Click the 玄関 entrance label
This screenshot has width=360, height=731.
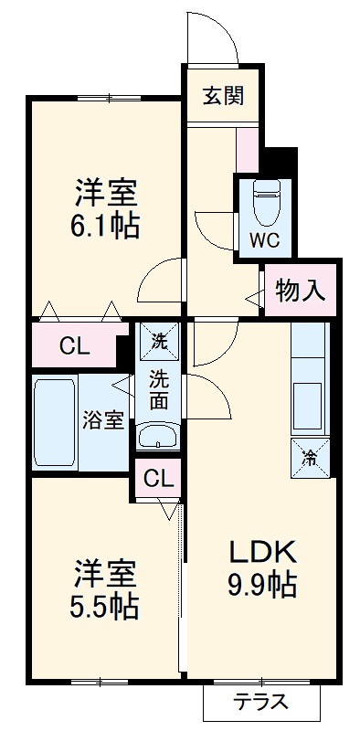[x=223, y=95]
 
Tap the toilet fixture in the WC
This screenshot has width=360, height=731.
[x=267, y=203]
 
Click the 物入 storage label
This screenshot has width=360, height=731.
[x=301, y=291]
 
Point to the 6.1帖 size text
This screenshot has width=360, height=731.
[x=105, y=226]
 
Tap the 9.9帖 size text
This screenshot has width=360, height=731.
[x=261, y=585]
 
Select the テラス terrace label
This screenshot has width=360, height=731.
[x=260, y=703]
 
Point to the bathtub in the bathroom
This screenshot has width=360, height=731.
[x=53, y=421]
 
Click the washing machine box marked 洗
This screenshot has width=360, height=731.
[x=159, y=344]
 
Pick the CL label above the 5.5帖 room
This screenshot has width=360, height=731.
[x=157, y=478]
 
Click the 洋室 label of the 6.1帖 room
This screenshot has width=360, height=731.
[x=105, y=193]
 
